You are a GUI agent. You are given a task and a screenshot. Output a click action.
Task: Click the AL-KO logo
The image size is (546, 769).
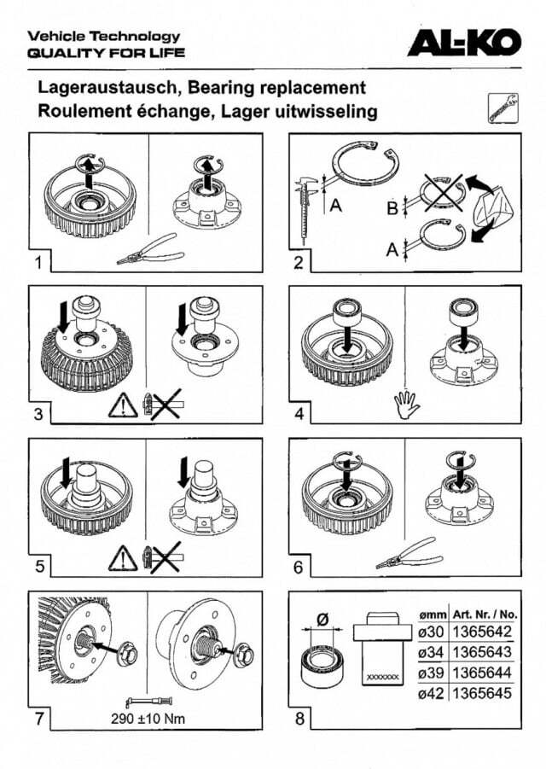464,42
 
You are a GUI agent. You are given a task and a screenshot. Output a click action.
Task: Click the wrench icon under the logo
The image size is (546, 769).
502,108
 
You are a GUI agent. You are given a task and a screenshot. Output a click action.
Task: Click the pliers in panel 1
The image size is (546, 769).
150,249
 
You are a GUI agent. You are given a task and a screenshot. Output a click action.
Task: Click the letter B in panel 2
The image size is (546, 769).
392,208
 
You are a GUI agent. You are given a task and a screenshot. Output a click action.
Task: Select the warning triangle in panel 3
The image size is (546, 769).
123,406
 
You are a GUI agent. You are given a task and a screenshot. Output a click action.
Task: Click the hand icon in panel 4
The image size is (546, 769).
406,405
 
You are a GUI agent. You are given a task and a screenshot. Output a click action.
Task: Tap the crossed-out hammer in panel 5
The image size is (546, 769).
164,557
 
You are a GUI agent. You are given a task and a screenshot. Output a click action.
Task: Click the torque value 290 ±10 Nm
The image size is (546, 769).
148,719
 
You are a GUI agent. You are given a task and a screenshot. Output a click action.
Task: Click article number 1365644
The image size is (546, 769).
482,673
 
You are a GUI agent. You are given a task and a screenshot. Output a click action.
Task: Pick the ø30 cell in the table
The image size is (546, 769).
432,632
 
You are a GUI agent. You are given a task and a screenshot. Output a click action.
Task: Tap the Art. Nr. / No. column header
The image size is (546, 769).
485,614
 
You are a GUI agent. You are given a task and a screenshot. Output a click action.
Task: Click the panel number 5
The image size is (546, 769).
40,567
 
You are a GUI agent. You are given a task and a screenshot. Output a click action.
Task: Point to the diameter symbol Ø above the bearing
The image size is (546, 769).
322,620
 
